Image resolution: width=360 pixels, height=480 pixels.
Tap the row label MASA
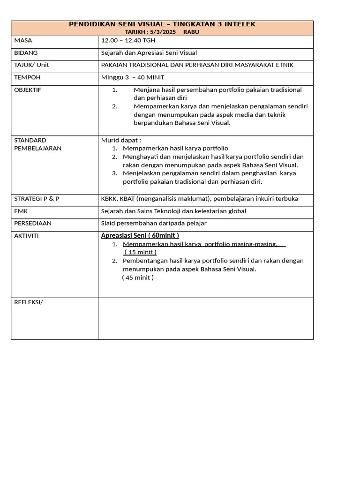coord(23,40)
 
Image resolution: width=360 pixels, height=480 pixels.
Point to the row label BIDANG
coord(26,52)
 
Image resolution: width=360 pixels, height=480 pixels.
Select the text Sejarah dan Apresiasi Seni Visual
coord(149,52)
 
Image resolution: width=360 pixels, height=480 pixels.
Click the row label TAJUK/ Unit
coord(31,65)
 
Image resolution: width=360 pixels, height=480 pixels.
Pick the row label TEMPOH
coord(27,77)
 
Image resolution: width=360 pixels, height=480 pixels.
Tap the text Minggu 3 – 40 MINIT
coord(133,77)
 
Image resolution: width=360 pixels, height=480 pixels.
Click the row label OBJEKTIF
coord(28,90)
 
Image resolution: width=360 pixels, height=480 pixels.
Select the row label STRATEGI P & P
coord(37,198)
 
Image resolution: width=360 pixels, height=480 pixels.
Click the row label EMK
coord(21,211)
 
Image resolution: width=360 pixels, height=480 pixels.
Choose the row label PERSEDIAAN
coord(33,223)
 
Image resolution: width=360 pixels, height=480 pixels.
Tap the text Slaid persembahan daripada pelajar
coord(154,223)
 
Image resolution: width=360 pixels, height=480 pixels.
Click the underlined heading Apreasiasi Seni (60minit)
coord(140,235)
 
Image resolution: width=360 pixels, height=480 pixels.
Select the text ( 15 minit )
coord(140,252)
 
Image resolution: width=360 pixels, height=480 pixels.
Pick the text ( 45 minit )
coord(138,277)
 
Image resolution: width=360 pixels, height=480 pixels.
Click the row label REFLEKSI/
coord(29,302)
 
